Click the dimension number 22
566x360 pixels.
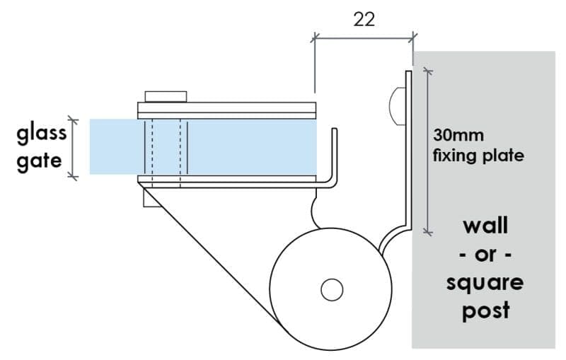(x=364, y=20)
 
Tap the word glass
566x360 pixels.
(x=42, y=134)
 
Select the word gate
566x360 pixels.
(x=39, y=161)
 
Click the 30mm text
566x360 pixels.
(x=458, y=136)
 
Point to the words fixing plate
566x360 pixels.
(x=478, y=156)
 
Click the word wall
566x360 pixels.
(x=485, y=226)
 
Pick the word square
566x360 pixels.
(x=485, y=284)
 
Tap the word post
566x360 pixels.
(x=486, y=310)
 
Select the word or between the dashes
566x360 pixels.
(x=485, y=255)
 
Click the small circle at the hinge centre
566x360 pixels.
(x=332, y=290)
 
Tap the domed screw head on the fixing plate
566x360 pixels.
(x=397, y=106)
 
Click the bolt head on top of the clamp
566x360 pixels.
(x=166, y=97)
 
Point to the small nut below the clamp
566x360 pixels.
(x=152, y=198)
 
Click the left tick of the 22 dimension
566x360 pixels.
(x=315, y=37)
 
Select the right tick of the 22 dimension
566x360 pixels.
(x=412, y=37)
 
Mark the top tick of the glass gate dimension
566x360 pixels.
(x=73, y=120)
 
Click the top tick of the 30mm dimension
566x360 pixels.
(x=428, y=71)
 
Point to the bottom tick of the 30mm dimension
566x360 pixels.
(x=428, y=232)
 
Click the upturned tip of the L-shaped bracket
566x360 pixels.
(x=334, y=129)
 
